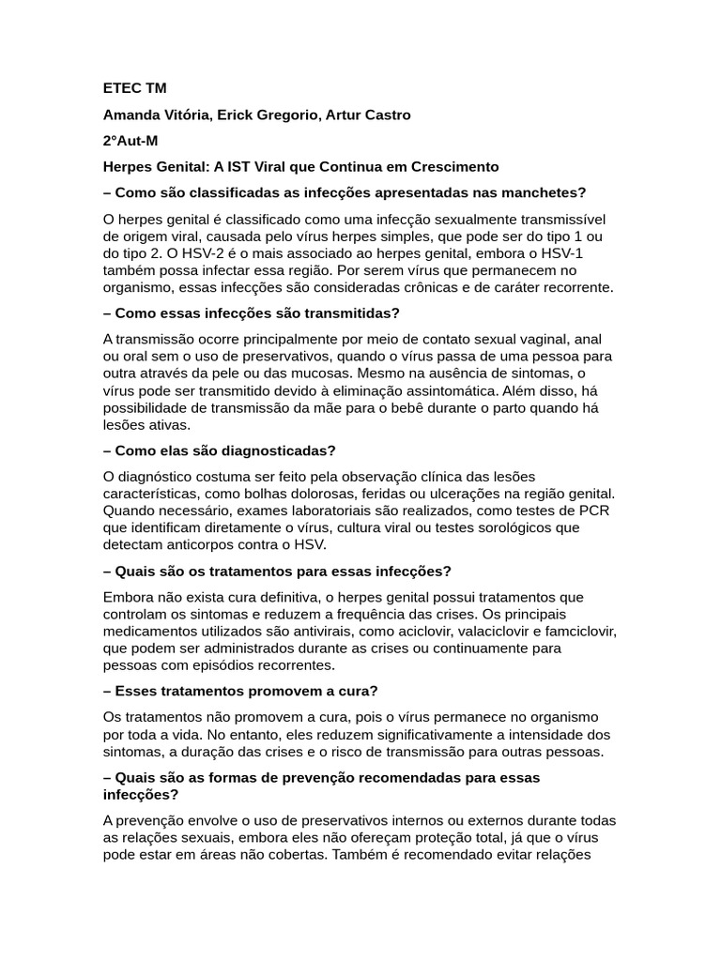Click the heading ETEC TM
(134, 88)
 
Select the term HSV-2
(201, 252)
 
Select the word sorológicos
(510, 527)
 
